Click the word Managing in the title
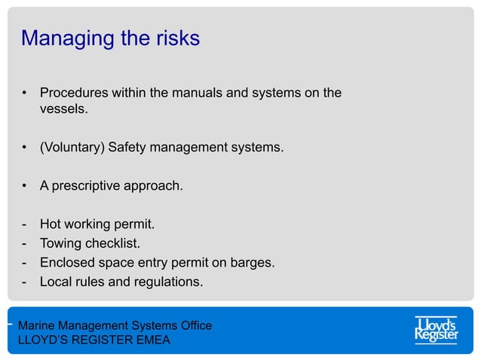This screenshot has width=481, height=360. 63,39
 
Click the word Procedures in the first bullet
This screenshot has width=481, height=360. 75,93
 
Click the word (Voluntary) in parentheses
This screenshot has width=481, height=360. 72,147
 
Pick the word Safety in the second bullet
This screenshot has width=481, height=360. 127,147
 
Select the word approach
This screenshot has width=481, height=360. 155,185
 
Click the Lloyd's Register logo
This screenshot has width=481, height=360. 437,330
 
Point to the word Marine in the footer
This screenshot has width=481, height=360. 37,326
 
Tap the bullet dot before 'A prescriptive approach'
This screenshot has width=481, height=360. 25,185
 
